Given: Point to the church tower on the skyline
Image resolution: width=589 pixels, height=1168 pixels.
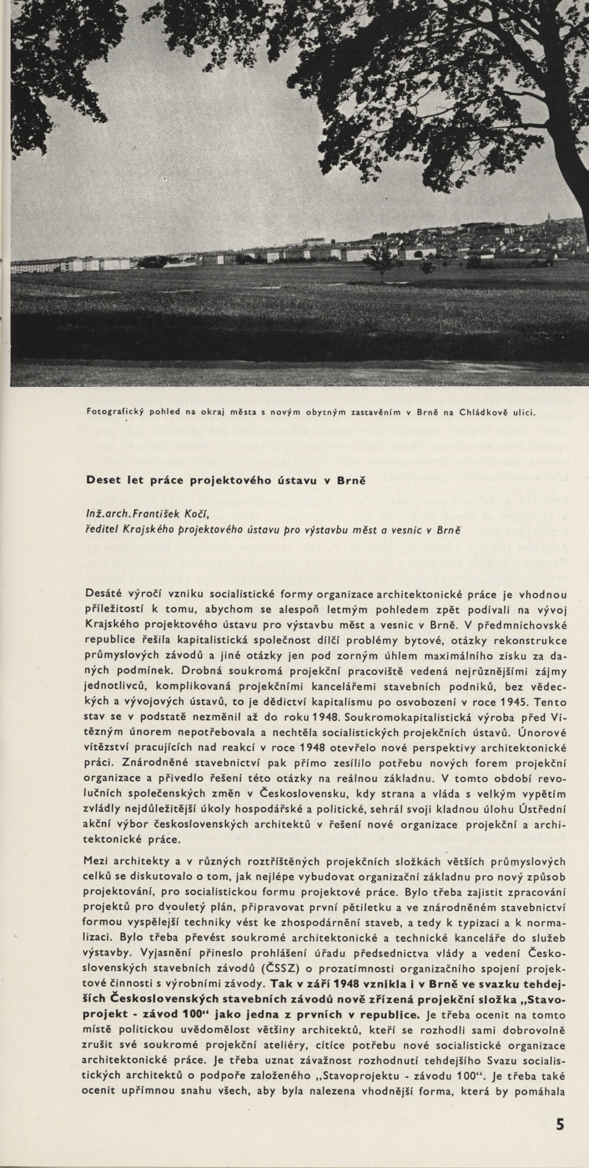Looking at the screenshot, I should coord(548,218).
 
